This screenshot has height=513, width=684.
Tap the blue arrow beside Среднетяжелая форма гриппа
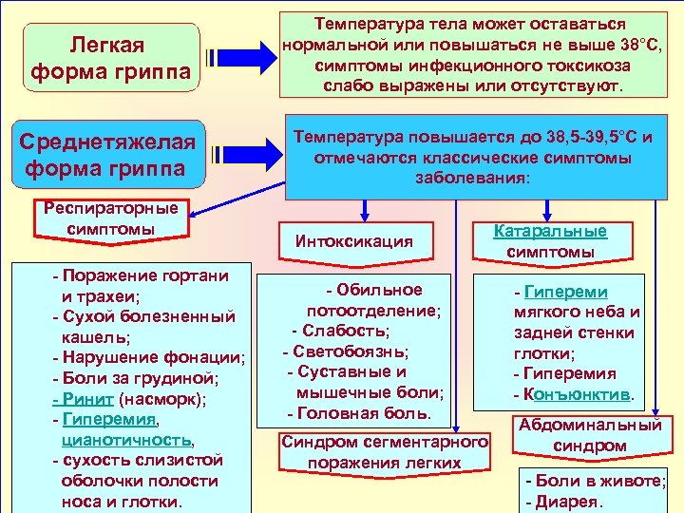pos(242,154)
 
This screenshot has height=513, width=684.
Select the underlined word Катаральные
pos(551,231)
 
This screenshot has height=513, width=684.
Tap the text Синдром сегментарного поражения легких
pos(384,452)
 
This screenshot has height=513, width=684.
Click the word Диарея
pos(570,502)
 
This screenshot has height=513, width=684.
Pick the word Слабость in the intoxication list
pos(346,331)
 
